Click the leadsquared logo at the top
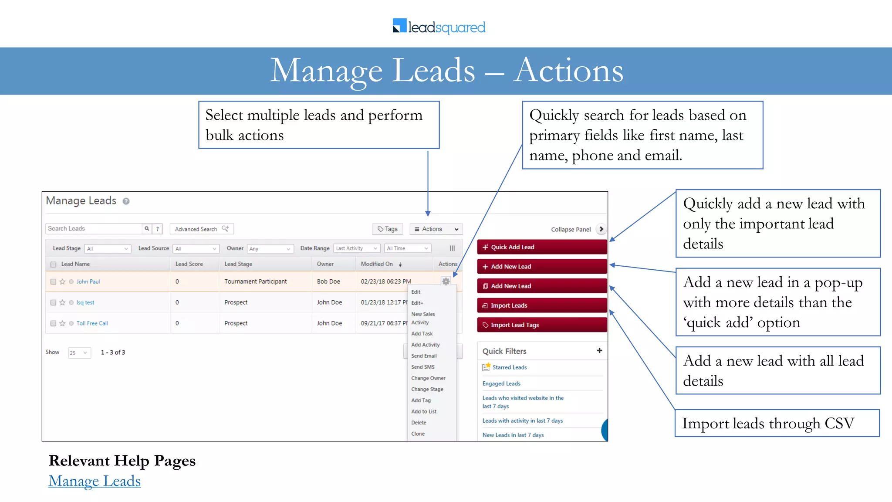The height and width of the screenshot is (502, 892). (x=439, y=27)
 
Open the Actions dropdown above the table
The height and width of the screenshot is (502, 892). (x=436, y=229)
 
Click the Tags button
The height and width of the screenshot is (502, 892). (x=388, y=229)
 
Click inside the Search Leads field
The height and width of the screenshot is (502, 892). (x=94, y=229)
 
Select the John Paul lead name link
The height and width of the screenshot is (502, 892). (x=88, y=282)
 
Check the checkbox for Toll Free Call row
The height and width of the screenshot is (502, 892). (x=53, y=324)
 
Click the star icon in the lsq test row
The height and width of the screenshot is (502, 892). (x=62, y=303)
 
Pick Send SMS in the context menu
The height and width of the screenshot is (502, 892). (x=422, y=367)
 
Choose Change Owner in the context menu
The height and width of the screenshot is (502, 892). (x=428, y=378)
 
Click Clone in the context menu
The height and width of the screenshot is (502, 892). (x=418, y=434)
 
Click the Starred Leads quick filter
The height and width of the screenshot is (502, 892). (x=509, y=368)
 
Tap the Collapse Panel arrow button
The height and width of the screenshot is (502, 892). (x=601, y=229)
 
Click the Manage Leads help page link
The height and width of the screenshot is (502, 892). (x=95, y=481)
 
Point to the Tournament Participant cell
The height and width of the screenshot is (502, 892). (x=255, y=282)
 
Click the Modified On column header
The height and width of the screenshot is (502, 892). (x=377, y=264)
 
